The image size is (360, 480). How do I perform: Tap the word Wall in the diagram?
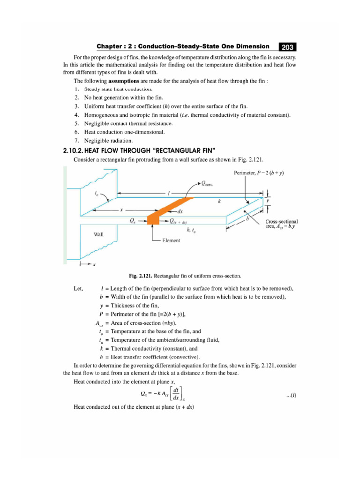pyautogui.click(x=99, y=234)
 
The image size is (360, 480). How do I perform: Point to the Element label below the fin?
pyautogui.click(x=171, y=240)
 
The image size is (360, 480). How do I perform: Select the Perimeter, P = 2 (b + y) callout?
pyautogui.click(x=259, y=173)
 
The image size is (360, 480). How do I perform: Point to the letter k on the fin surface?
pyautogui.click(x=219, y=201)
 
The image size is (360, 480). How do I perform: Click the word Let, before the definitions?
pyautogui.click(x=79, y=288)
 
